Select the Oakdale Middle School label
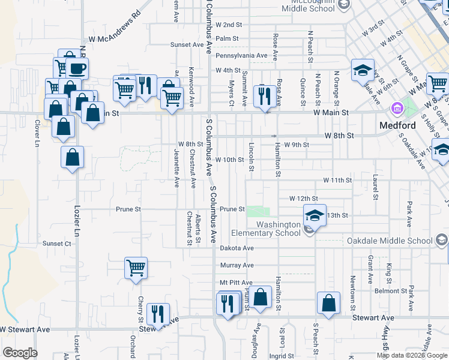(390, 241)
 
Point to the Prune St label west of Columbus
(128, 209)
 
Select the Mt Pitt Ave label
(236, 283)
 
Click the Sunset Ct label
(57, 244)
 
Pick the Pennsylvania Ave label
(241, 56)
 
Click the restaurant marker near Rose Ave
(264, 96)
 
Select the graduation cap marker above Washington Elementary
(315, 215)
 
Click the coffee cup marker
(77, 68)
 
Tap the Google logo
(20, 353)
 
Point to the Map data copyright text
(412, 355)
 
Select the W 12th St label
(303, 198)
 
